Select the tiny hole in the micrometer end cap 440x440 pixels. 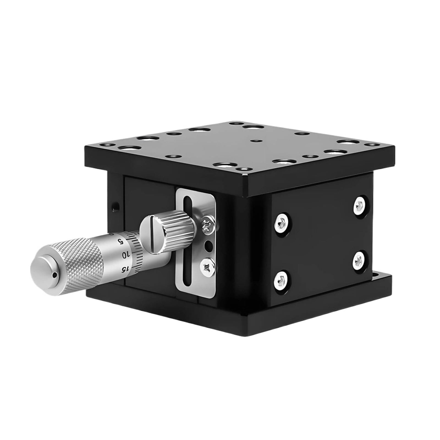pos(55,275)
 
